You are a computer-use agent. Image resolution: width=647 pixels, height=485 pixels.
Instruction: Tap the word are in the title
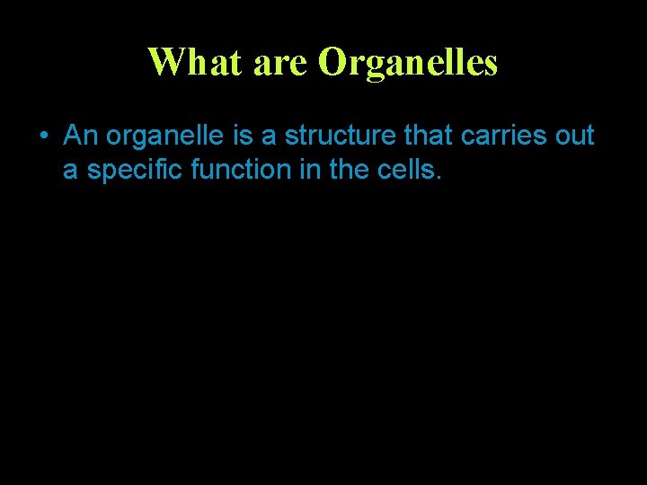[x=281, y=62]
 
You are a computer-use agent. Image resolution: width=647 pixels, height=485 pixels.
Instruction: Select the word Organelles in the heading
[x=408, y=62]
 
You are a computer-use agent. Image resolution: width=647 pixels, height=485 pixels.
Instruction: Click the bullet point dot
[x=43, y=137]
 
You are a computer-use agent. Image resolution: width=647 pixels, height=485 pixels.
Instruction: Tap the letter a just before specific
[x=70, y=170]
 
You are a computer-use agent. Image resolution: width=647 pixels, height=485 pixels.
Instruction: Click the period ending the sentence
[x=438, y=177]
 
